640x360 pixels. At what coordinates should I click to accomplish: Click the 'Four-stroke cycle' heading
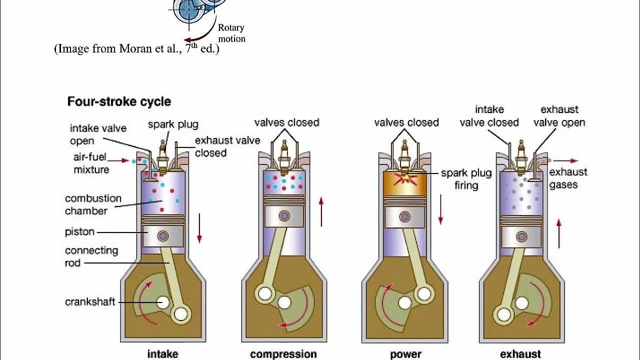119,102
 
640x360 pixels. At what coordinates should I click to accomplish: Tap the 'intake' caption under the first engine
162,354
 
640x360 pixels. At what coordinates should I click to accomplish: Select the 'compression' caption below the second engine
283,354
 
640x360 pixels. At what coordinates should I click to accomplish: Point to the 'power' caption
405,354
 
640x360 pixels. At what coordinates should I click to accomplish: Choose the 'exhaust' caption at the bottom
520,354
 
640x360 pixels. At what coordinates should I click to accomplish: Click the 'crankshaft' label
90,302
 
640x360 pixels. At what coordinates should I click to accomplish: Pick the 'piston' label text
79,232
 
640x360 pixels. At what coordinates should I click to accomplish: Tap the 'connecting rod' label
91,256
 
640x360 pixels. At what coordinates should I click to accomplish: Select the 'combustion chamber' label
93,204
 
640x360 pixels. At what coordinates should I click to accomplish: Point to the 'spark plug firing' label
466,179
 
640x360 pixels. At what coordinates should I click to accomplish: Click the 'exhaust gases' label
568,178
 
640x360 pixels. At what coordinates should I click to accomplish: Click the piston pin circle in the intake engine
162,236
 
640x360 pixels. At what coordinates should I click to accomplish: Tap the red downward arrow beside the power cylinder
440,209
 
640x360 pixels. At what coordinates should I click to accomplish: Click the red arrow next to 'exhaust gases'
566,161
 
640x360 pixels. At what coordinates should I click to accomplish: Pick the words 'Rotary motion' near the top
231,33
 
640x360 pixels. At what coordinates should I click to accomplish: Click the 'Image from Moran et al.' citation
136,49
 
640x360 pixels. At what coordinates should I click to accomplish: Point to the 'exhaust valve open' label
559,116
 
